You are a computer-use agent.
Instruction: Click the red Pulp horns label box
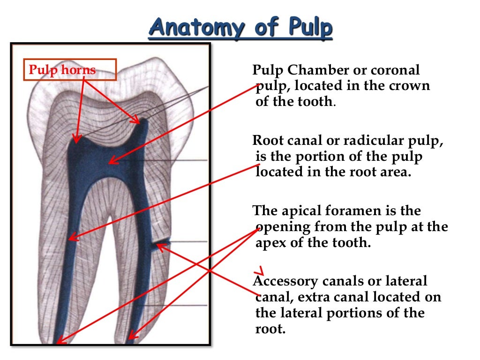point(62,70)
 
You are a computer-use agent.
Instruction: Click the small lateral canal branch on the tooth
point(162,243)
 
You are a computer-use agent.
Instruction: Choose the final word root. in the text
point(270,329)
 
